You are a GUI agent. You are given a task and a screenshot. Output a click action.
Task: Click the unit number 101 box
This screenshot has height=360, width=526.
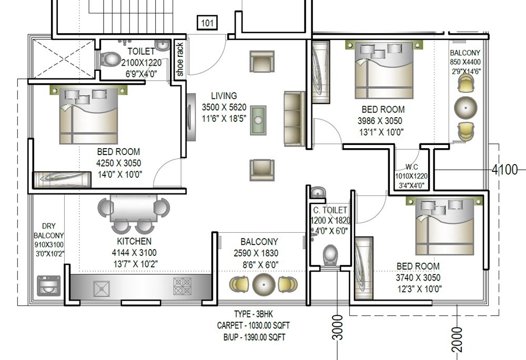point(208,23)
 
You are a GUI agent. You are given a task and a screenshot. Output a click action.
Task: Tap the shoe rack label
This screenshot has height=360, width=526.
point(180,60)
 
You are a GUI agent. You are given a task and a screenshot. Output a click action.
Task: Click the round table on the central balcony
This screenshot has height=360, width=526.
point(264,284)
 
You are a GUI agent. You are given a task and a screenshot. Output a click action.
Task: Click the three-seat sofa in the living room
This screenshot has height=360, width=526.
point(295,119)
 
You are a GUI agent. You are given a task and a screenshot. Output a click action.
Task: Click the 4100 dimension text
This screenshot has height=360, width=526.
point(504,170)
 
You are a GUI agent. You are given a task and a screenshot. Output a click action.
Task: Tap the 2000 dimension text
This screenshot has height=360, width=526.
point(457,340)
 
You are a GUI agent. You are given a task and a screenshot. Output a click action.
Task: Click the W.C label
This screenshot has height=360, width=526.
point(412,167)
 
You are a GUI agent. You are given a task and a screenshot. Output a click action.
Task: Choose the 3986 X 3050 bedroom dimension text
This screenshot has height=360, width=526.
point(382,121)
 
